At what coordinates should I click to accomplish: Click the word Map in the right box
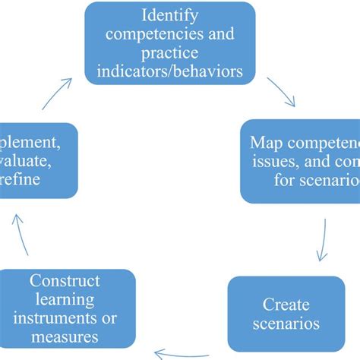click(x=267, y=142)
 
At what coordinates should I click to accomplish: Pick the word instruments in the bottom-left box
click(x=54, y=318)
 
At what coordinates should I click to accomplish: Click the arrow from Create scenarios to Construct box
click(x=182, y=352)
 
